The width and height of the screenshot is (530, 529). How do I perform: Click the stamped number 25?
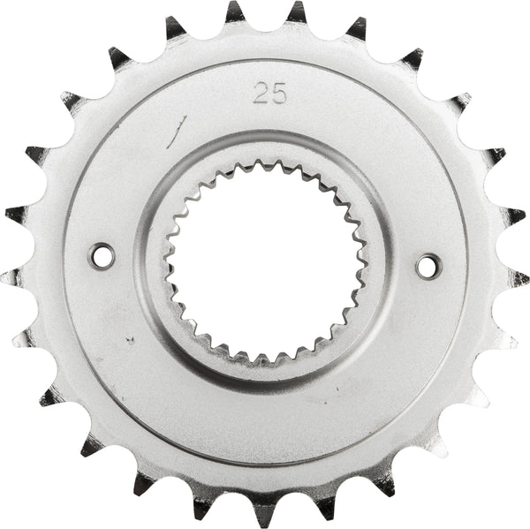[269, 94]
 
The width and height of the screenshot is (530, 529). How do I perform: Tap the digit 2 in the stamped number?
[261, 94]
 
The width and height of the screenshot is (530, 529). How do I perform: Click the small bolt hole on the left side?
[102, 256]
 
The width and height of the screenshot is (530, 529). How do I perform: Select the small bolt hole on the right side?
[428, 264]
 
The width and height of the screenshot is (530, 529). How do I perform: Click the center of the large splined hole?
[265, 262]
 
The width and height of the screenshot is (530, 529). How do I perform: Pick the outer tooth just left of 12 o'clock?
[234, 12]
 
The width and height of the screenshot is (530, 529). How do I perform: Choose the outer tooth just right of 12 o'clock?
[296, 12]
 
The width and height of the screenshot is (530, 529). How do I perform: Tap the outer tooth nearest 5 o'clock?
[385, 482]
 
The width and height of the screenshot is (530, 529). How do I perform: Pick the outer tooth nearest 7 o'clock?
[143, 482]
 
